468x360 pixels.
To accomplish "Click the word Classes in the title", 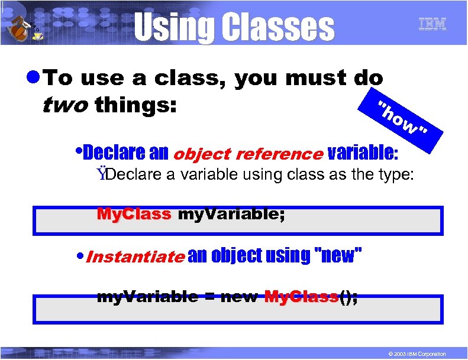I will (276, 27).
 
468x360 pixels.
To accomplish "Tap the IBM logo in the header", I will (432, 25).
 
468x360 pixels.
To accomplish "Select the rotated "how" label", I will (405, 118).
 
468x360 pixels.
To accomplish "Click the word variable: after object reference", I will (363, 153).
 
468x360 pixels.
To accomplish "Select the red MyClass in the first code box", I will (134, 214).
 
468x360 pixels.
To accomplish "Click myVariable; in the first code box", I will (231, 214).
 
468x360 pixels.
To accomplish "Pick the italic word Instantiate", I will (135, 257).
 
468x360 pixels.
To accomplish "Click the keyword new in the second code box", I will (239, 297).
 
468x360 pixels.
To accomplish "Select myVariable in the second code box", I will (147, 297).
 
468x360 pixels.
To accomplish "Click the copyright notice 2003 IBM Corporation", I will (414, 353).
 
